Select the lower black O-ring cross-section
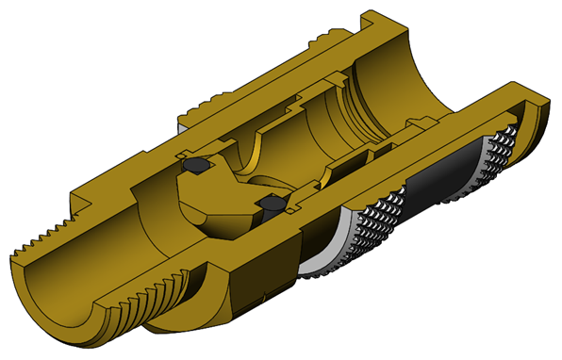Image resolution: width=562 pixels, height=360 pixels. click(x=271, y=203)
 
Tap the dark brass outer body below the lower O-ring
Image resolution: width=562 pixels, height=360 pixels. click(x=255, y=273)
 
